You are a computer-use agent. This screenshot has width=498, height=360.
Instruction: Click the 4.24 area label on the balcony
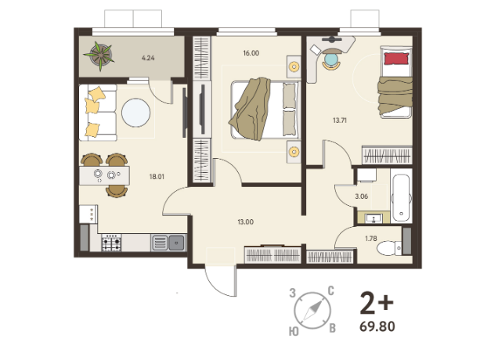click(x=148, y=58)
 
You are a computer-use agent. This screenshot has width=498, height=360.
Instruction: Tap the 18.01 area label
click(x=157, y=177)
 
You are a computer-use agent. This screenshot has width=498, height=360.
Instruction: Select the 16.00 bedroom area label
click(x=251, y=53)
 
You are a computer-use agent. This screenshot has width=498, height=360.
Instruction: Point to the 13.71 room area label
click(x=340, y=121)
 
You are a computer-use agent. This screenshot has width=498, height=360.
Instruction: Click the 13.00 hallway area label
click(x=246, y=222)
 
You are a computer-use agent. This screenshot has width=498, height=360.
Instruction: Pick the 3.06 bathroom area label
click(x=362, y=196)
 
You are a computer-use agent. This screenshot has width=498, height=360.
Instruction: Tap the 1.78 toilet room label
click(x=371, y=239)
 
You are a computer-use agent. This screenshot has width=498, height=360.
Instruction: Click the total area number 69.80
click(x=377, y=326)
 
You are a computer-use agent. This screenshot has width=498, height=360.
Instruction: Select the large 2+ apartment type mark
click(x=377, y=303)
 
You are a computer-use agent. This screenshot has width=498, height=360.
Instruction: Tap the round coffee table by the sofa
click(x=136, y=113)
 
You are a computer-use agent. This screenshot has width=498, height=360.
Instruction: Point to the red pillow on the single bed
click(x=396, y=59)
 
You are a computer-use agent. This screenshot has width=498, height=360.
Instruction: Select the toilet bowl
click(x=389, y=248)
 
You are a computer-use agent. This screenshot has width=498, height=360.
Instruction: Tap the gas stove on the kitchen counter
click(x=111, y=243)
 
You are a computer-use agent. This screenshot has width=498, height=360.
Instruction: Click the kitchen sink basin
click(x=176, y=243)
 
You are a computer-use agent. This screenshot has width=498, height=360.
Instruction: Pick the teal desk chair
click(x=331, y=59)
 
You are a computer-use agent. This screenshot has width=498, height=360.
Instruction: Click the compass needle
click(x=312, y=311)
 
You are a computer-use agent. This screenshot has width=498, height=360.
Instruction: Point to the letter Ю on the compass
click(x=294, y=332)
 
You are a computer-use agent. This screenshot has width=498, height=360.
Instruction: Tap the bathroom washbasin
click(x=373, y=218)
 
